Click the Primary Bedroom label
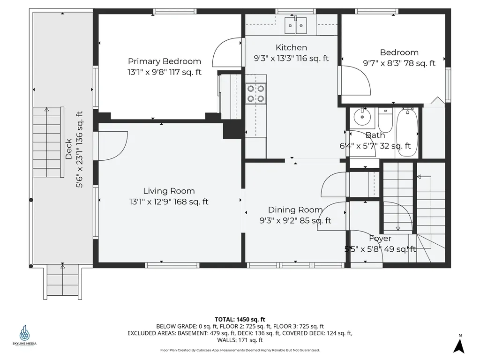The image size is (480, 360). [165, 61]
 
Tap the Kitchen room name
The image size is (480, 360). [291, 47]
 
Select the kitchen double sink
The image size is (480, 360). [296, 25]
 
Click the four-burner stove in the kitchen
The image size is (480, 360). [255, 94]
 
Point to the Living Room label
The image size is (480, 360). [169, 191]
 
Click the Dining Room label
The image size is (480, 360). [295, 210]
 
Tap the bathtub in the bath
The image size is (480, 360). [407, 132]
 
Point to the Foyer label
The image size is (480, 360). [380, 238]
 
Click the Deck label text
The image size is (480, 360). [68, 149]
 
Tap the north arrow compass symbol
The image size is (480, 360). [459, 344]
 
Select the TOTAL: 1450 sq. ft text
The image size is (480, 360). [240, 320]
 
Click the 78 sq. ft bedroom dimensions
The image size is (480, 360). [399, 63]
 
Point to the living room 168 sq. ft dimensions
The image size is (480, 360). [169, 202]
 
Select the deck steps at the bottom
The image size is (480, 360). [63, 281]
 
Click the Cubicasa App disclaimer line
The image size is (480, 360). [240, 350]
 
